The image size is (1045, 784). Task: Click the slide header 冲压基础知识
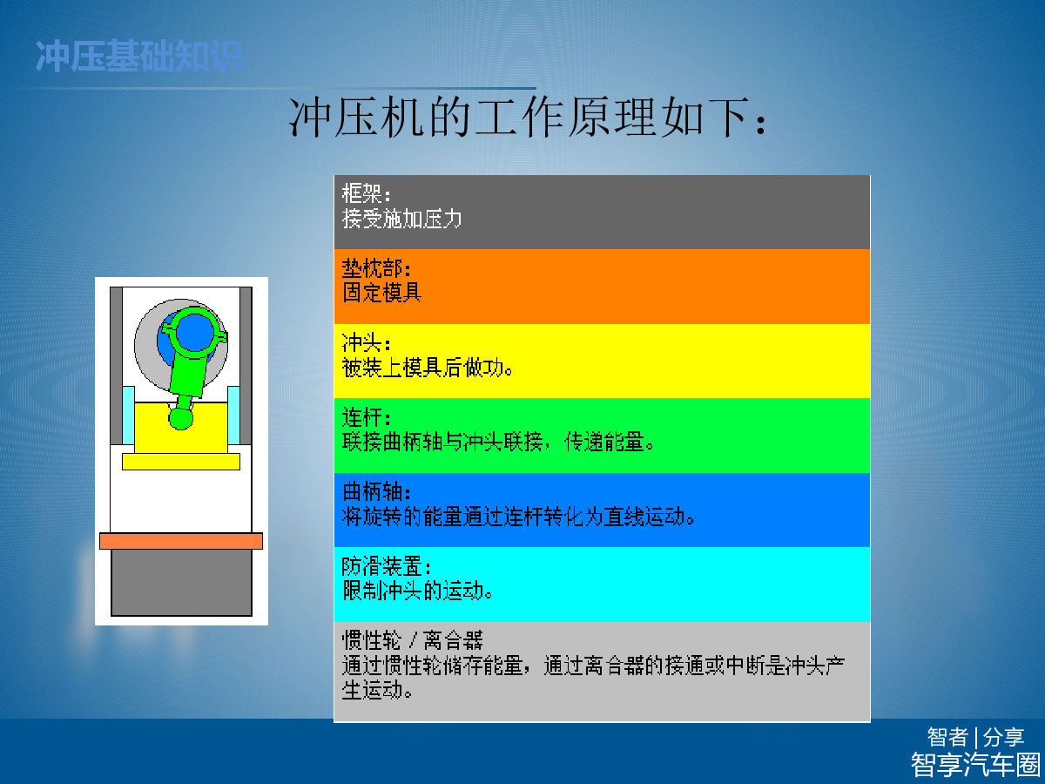tap(139, 56)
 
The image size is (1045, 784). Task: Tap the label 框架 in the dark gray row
tap(361, 193)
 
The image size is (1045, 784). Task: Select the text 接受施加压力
tap(401, 219)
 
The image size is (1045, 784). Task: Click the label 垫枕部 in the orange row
tap(372, 268)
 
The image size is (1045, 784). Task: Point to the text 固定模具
tap(381, 293)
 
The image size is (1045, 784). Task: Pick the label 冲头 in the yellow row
tap(361, 342)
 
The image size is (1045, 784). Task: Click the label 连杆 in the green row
tap(361, 417)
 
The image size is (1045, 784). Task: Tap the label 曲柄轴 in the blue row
tap(372, 491)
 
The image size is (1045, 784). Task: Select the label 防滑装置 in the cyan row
tap(381, 566)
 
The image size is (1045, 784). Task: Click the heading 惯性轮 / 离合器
tap(412, 640)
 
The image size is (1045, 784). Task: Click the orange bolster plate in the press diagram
tap(181, 541)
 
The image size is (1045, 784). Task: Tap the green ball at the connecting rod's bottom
tap(181, 417)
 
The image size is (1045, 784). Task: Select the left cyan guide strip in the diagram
tap(128, 416)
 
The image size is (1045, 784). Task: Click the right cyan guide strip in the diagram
tap(233, 416)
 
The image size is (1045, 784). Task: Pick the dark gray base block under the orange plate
tap(181, 583)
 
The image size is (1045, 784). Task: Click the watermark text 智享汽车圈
tap(975, 765)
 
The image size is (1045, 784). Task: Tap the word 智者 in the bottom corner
tap(947, 738)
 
